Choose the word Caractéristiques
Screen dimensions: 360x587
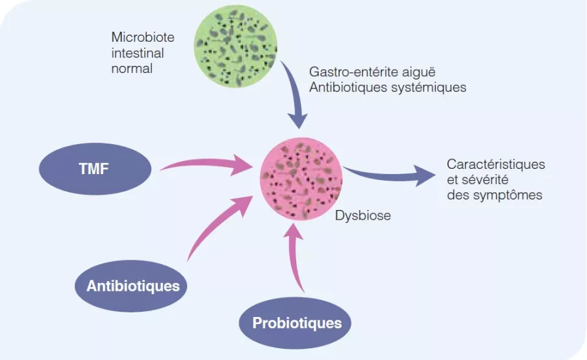pos(496,164)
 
